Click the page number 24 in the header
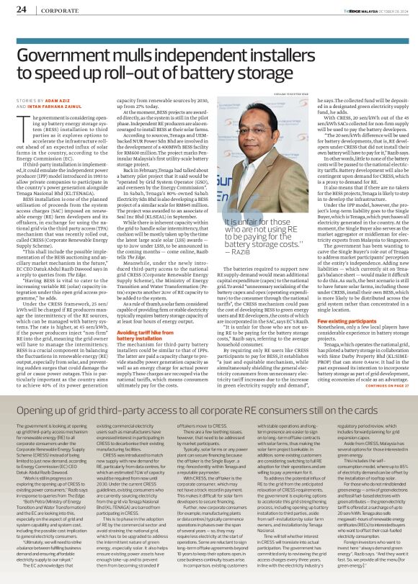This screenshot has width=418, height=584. point(22,9)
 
